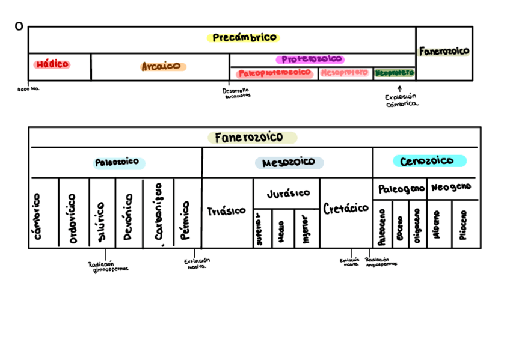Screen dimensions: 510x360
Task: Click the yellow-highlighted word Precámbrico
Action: pyautogui.click(x=244, y=38)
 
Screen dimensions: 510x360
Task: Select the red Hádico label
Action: pyautogui.click(x=52, y=64)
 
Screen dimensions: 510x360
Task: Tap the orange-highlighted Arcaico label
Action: pyautogui.click(x=163, y=67)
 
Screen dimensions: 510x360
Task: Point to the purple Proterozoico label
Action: pyautogui.click(x=310, y=59)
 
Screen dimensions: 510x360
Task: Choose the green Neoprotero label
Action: pyautogui.click(x=395, y=73)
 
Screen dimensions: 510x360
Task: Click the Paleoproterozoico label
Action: pyautogui.click(x=275, y=73)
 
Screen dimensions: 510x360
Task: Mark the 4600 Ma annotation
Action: pyautogui.click(x=28, y=89)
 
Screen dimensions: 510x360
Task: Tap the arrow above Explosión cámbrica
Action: pyautogui.click(x=399, y=88)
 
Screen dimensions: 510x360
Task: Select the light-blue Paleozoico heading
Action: pyautogui.click(x=118, y=162)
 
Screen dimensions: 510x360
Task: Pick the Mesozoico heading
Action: pyautogui.click(x=289, y=163)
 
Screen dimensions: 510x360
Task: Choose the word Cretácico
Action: pyautogui.click(x=346, y=209)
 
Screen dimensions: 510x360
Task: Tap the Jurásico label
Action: pyautogui.click(x=288, y=193)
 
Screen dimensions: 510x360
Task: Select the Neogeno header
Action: pyautogui.click(x=451, y=188)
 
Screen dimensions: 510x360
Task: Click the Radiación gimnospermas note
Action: pyautogui.click(x=108, y=266)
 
